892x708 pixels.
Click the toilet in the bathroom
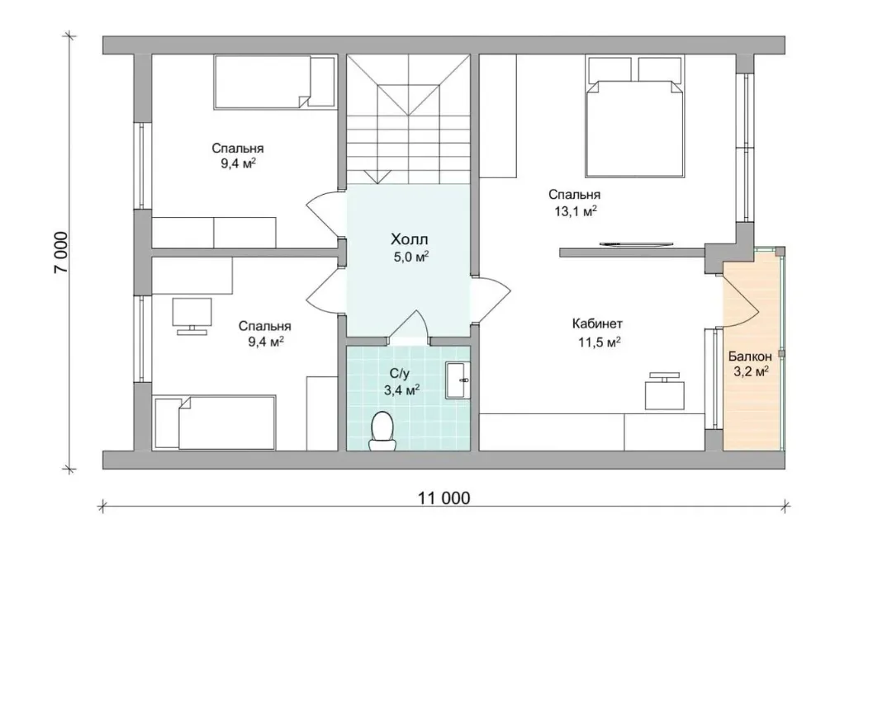tap(382, 432)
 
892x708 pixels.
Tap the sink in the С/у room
tap(458, 380)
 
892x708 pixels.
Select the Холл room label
tap(409, 239)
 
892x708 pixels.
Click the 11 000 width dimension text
tap(444, 498)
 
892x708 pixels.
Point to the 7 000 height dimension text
tap(61, 252)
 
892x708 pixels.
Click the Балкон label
tap(750, 356)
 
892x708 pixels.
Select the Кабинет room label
tap(597, 324)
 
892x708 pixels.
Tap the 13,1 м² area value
tap(576, 211)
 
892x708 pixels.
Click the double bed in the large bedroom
tap(635, 116)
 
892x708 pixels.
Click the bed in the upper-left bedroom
tap(274, 81)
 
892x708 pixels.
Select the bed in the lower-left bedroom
tap(215, 423)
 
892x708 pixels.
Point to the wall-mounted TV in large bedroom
tap(637, 244)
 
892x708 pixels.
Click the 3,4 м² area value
tap(401, 390)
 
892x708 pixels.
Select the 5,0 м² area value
tap(410, 257)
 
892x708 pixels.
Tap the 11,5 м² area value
tap(599, 342)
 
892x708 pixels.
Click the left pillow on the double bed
tap(610, 68)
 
